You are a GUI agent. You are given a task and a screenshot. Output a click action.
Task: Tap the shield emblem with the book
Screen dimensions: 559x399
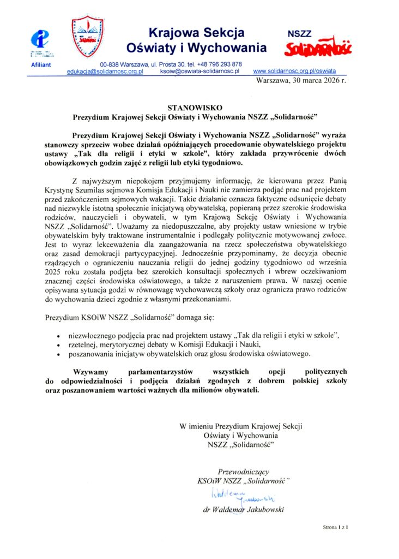88,37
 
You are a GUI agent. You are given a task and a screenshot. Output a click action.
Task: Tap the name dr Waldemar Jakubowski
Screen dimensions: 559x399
243,510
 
